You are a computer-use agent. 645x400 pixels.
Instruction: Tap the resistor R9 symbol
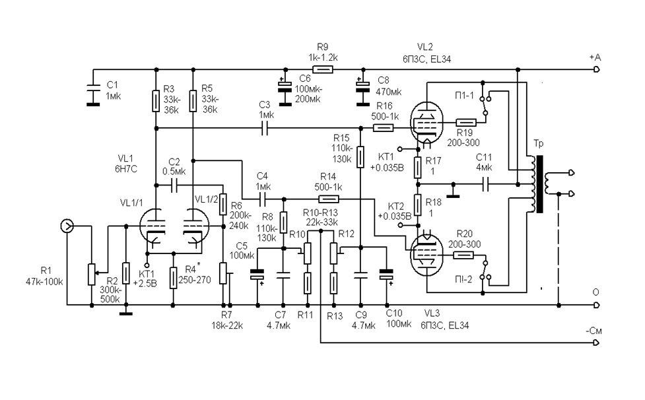click(323, 69)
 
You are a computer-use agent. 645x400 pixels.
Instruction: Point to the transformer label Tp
click(538, 144)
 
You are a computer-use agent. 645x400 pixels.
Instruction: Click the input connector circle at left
click(67, 226)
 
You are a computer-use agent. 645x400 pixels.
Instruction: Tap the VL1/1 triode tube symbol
click(156, 231)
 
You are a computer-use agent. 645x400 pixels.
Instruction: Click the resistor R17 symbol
click(419, 169)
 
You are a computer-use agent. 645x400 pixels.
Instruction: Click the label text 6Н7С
click(126, 168)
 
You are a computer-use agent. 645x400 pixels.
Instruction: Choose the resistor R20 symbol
click(465, 253)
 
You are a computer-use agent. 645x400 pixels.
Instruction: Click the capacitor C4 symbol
click(263, 197)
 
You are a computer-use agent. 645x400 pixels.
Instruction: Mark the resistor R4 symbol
click(173, 278)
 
